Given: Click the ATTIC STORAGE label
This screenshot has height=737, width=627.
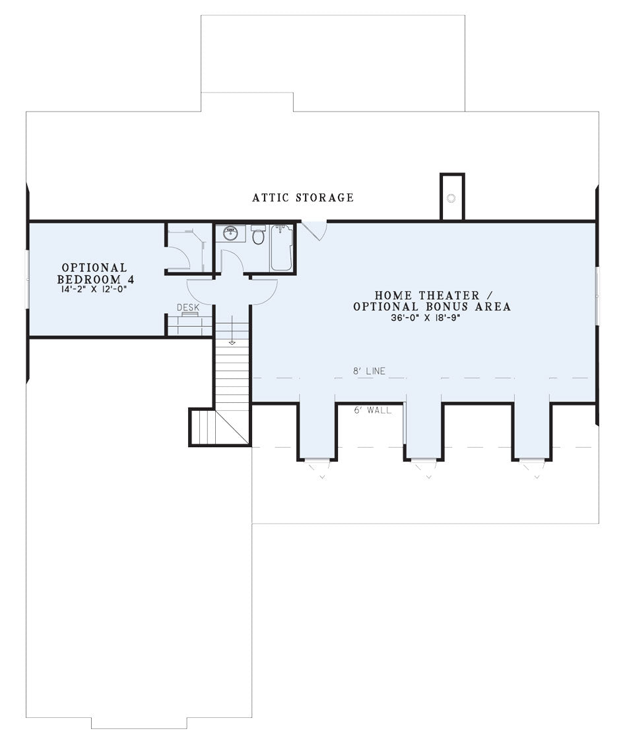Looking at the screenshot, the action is point(303,197).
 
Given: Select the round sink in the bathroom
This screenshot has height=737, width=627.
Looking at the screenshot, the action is point(230,233).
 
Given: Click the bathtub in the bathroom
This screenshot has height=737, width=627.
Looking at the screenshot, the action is point(281,248).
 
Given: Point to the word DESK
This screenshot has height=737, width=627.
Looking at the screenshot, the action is point(188,307).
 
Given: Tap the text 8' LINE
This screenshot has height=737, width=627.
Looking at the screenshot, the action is point(369,371).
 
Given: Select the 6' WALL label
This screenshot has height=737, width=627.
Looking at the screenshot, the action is point(372,410).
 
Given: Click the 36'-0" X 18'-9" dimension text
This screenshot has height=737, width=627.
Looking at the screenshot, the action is point(425,318).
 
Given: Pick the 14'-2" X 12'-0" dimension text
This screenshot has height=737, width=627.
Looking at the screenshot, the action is point(94,289).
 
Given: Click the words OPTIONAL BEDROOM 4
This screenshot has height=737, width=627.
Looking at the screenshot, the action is point(95,273).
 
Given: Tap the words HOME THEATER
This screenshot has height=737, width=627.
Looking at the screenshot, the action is point(427,295).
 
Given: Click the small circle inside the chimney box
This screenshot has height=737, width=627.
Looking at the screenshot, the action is point(451,198).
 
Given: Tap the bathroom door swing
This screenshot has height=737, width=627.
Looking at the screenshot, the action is point(230,262).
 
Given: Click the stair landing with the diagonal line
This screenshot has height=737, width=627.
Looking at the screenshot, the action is point(219,427).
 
